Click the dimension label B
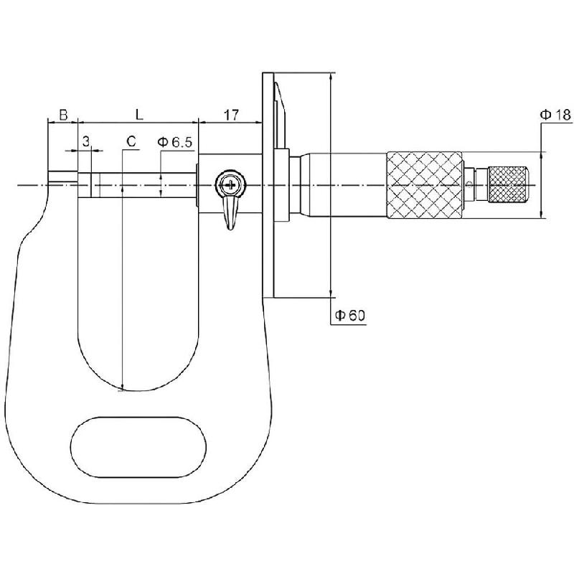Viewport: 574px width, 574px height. pos(62,114)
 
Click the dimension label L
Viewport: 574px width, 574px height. pos(138,114)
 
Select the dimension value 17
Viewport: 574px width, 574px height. pos(231,114)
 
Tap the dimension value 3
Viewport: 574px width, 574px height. pos(85,141)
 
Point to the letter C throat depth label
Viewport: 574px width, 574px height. pos(130,141)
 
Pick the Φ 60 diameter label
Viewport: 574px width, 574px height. pos(349,315)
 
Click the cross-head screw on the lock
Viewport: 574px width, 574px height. pos(230,185)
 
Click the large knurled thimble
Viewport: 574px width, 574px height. pos(424,185)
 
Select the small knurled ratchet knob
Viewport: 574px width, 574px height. pos(508,184)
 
